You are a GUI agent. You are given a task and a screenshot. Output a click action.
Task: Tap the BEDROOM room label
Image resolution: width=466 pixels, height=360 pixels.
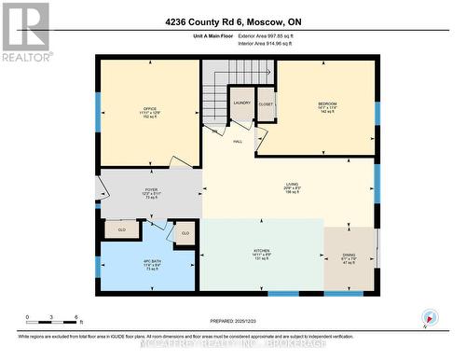[326, 103]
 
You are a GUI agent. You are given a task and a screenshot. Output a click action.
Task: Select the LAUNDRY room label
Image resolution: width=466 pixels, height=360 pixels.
[242, 103]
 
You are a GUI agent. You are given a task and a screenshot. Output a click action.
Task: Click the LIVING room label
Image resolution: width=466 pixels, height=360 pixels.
[292, 185]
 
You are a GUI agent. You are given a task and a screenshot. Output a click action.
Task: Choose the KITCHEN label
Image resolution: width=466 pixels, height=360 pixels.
[262, 251]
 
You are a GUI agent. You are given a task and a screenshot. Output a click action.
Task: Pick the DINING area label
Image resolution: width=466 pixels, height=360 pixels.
[349, 259]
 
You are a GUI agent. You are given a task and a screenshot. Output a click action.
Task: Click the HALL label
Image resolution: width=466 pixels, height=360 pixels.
[238, 141]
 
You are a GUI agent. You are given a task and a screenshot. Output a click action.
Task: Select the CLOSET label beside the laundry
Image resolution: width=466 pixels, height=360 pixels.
[266, 104]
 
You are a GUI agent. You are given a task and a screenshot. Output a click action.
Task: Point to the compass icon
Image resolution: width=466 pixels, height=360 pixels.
[428, 317]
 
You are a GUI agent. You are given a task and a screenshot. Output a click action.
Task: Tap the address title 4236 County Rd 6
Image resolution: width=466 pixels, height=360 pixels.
[232, 21]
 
